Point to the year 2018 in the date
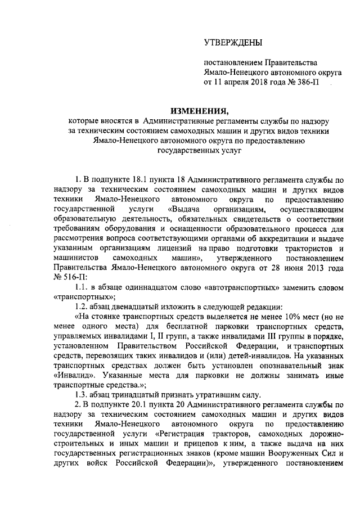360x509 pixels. [x=258, y=82]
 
